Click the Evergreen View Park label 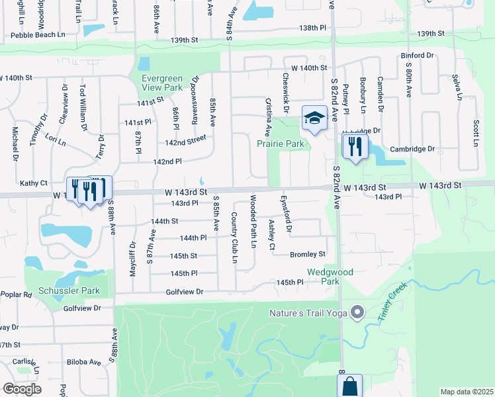(163, 83)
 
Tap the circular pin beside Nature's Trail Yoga (358, 312)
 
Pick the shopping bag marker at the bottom (349, 386)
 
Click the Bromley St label (308, 254)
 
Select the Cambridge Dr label (412, 149)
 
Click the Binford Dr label (416, 56)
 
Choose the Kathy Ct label (34, 183)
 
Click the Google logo (22, 389)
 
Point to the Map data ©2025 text (467, 392)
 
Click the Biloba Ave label (83, 362)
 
